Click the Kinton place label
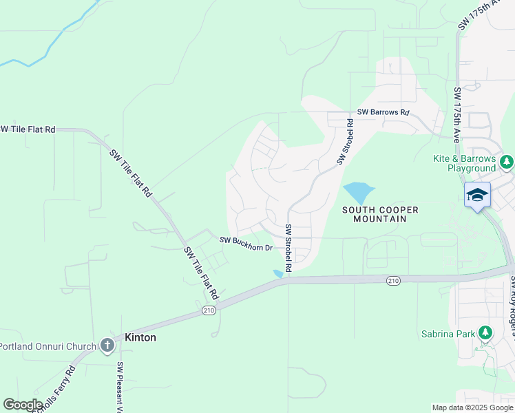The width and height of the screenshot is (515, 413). pos(140,338)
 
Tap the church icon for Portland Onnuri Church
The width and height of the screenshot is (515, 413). pos(107,345)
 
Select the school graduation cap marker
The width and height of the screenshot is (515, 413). pos(477,195)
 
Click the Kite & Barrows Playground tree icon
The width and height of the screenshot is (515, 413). pos(507,162)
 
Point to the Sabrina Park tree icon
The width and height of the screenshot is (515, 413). pos(485,334)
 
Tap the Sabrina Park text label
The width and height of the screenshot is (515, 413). pos(448,335)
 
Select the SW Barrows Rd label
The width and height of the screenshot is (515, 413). pos(383,112)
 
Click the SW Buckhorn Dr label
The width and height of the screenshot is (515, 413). pos(246,243)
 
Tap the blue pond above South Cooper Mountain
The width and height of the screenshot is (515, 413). pos(357,192)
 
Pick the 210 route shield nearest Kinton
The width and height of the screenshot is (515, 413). pos(209,310)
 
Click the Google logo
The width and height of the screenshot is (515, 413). pos(23,404)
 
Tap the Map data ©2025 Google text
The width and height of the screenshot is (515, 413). pos(472,407)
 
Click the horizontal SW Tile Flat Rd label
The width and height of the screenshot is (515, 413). pos(28,129)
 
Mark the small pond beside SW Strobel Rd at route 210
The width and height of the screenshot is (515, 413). pos(278,273)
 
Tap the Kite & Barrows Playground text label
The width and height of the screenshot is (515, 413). pos(464,163)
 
